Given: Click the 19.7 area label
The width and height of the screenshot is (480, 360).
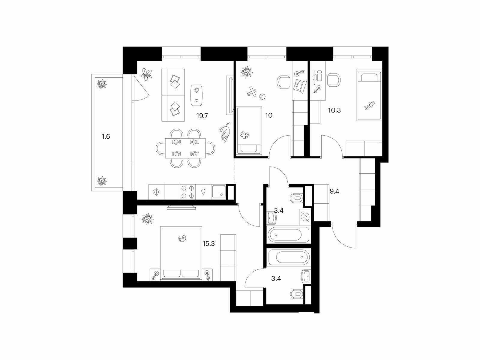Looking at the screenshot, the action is (202, 116).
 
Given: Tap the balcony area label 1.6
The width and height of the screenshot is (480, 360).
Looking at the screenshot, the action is (106, 136).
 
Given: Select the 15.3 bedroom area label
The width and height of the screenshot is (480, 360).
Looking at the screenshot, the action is (208, 244).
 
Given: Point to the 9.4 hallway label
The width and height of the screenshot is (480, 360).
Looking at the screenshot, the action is (334, 191).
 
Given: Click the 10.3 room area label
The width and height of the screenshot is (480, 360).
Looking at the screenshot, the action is (334, 110).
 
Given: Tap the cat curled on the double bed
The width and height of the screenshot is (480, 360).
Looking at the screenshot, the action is (182, 238).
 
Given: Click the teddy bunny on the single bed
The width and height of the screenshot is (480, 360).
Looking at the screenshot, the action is (369, 106).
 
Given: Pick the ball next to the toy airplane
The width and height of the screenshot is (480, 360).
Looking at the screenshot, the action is (262, 97).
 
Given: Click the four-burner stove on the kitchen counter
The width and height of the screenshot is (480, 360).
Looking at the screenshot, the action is (187, 192).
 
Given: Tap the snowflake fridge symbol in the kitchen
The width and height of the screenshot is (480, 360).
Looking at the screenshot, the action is (156, 192).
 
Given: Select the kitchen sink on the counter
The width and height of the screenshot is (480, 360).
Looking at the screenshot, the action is (219, 192).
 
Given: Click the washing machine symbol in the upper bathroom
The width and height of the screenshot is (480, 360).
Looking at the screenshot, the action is (304, 217).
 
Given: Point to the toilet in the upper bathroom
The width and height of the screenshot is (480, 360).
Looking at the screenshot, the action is (296, 199).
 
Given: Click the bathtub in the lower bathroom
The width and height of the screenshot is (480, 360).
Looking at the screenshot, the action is (288, 257).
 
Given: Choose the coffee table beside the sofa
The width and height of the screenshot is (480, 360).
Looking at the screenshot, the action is (197, 95).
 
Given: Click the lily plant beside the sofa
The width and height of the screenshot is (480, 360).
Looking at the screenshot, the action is (146, 74).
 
